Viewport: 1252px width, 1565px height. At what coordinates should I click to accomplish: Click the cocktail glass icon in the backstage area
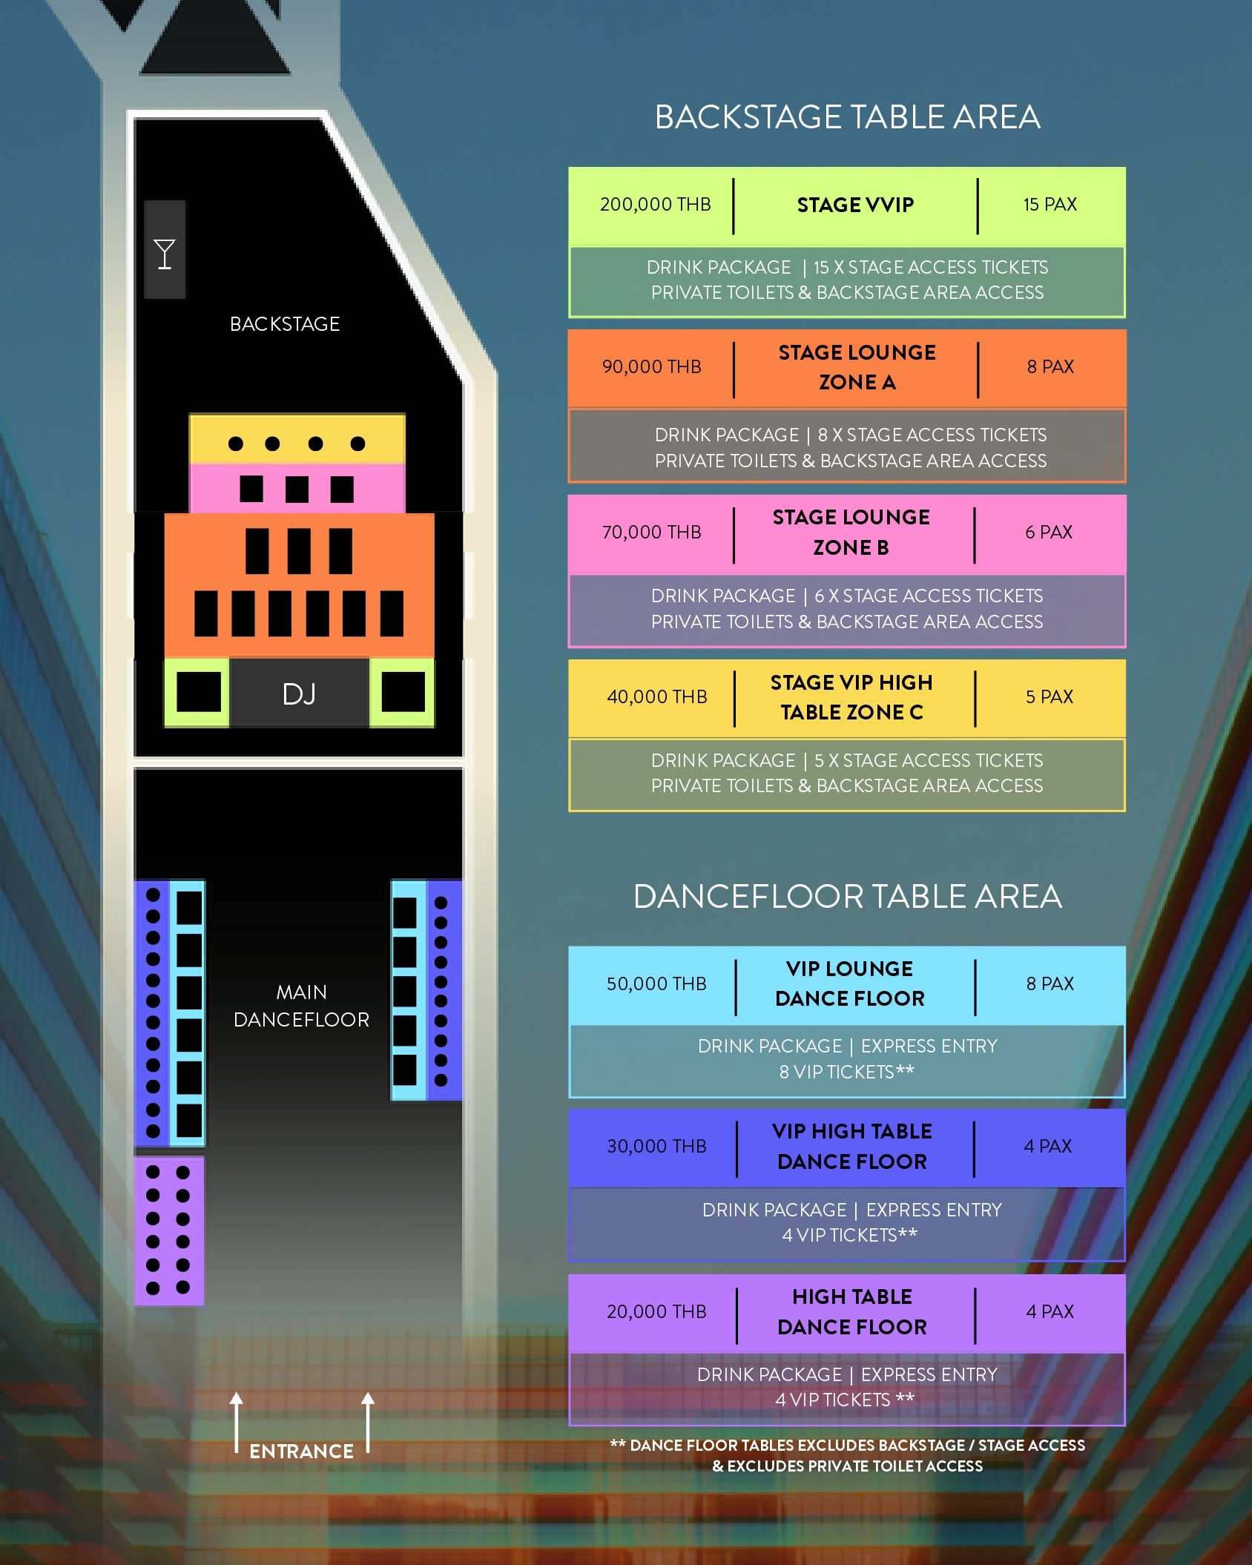[165, 254]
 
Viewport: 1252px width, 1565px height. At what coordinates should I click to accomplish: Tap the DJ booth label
[299, 694]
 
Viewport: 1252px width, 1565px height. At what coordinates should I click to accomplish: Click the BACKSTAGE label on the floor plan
[285, 324]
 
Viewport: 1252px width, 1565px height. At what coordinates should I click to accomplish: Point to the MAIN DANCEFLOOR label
[301, 1006]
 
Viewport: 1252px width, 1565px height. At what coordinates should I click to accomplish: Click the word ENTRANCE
[301, 1451]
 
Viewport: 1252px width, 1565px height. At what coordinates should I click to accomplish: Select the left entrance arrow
[237, 1421]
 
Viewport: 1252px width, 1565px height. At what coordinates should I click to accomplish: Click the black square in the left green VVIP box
[198, 692]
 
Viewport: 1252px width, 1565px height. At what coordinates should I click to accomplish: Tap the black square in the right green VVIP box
[403, 692]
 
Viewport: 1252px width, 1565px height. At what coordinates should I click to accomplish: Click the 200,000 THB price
[655, 205]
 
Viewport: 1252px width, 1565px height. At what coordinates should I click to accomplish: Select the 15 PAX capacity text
[1050, 205]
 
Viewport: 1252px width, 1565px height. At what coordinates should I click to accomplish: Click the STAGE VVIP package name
[855, 205]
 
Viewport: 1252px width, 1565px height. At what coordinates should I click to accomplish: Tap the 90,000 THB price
[651, 367]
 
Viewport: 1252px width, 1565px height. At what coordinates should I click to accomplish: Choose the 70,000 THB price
[651, 533]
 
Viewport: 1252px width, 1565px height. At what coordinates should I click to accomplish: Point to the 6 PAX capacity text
[1049, 533]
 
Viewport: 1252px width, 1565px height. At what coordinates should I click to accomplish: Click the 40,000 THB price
[656, 697]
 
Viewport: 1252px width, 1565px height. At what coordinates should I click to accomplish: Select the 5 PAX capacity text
[1049, 697]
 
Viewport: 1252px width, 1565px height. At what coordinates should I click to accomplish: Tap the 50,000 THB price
[656, 984]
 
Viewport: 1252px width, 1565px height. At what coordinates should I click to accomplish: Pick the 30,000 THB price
[656, 1147]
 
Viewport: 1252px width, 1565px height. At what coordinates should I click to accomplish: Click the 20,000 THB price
[656, 1312]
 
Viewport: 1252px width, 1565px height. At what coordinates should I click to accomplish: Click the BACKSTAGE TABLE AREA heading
[847, 117]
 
